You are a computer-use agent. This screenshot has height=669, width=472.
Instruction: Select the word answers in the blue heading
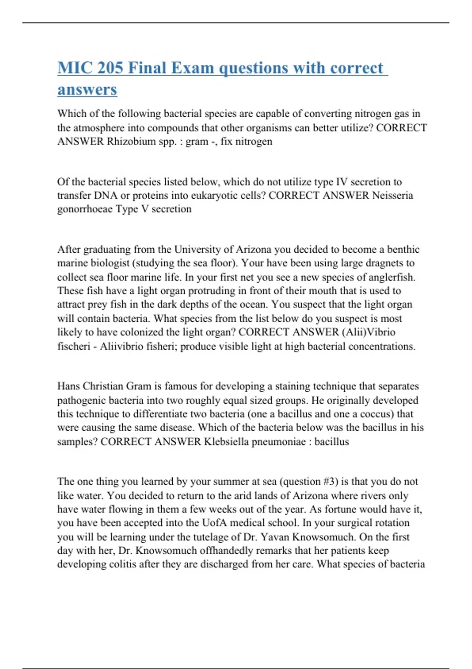coord(87,89)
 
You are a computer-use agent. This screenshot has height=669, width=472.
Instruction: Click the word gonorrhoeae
coord(85,209)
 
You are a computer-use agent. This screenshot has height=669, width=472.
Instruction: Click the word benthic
coord(403,249)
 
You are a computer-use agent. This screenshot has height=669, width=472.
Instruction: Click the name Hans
coord(68,386)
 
